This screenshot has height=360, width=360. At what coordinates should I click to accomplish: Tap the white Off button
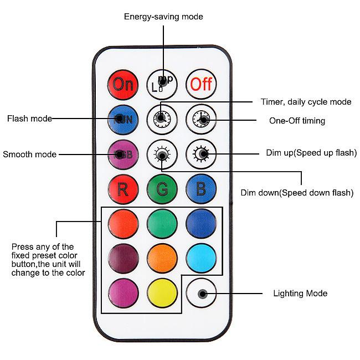201,84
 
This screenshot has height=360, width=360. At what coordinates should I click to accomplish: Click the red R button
123,189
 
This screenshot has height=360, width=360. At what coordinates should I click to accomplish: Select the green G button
162,189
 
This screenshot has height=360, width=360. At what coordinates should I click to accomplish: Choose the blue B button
201,189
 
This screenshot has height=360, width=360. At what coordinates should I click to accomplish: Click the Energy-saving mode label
163,17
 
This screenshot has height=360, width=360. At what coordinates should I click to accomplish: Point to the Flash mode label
29,119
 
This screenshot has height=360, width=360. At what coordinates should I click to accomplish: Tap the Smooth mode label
29,155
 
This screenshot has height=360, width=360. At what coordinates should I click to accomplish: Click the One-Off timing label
297,121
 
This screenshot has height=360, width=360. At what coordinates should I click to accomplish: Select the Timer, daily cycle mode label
306,102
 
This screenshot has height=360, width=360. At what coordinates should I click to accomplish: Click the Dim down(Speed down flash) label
297,193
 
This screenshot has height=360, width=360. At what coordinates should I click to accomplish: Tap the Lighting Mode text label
301,293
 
